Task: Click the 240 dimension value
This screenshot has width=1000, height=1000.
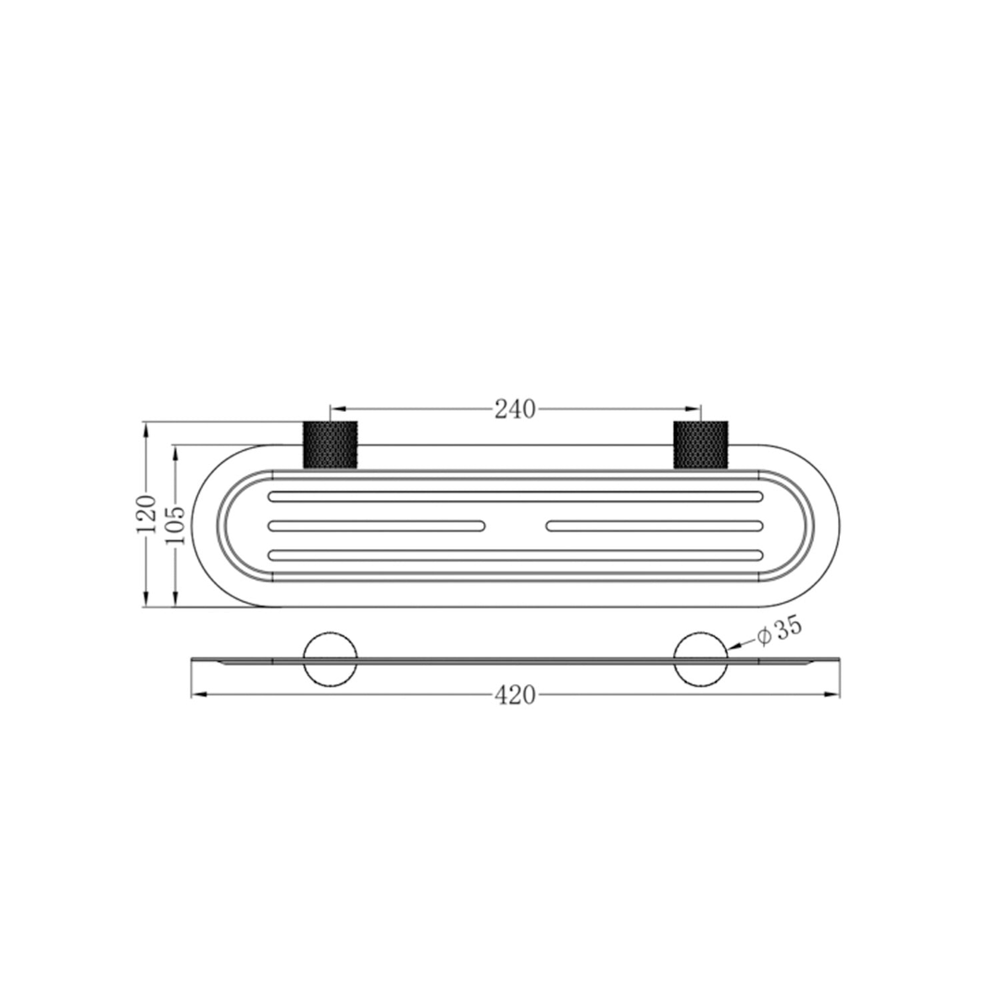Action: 515,408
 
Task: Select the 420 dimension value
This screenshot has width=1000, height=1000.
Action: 515,695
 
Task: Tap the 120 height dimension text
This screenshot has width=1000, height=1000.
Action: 146,514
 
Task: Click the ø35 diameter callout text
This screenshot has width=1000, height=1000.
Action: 778,632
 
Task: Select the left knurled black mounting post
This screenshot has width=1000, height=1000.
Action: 330,445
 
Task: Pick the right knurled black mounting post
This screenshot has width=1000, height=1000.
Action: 701,445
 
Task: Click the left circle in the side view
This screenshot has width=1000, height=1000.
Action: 331,659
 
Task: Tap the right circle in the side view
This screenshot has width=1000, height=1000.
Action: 701,659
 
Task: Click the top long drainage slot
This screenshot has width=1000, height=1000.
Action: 515,496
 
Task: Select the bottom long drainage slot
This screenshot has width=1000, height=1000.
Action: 515,556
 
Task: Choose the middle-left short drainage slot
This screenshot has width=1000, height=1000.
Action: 376,526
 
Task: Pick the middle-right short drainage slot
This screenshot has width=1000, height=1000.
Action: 655,526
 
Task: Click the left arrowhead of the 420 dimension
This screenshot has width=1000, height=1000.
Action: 196,694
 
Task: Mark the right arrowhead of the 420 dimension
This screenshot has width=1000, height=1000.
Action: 834,694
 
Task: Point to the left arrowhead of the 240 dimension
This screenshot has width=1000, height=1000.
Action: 336,407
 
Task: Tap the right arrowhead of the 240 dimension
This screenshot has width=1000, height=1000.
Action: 695,407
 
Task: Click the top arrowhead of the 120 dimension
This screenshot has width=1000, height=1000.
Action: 146,428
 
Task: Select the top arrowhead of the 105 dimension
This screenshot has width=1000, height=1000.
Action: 176,450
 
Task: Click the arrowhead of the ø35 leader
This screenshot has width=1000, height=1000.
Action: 731,650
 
